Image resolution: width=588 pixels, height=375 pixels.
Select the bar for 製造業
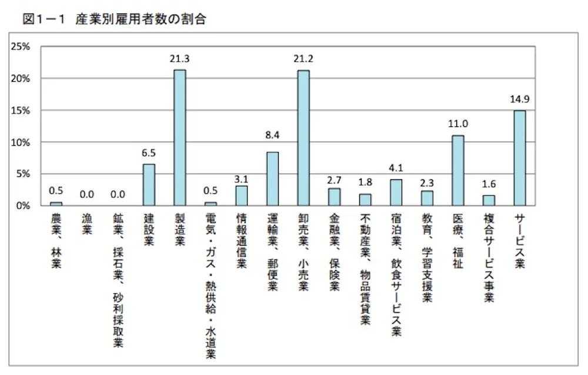180,138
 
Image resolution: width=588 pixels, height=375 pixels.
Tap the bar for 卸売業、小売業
303,138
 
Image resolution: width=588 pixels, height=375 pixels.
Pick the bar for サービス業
519,158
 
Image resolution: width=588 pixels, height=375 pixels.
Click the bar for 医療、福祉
457,170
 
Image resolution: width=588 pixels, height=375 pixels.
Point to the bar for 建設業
149,185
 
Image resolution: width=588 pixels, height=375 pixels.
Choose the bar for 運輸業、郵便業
272,179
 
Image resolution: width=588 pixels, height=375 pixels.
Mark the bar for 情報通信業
242,195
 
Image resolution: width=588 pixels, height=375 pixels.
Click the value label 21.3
180,59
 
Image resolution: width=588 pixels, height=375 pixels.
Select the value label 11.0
458,125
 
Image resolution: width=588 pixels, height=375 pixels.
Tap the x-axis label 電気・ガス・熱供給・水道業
211,286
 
